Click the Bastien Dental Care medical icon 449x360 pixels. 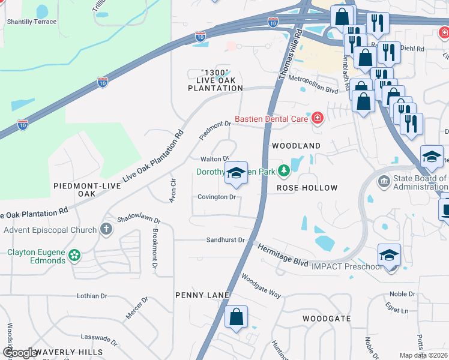(316, 119)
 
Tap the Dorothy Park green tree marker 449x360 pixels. (283, 172)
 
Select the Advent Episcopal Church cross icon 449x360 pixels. (106, 229)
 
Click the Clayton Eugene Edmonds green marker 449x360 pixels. (74, 256)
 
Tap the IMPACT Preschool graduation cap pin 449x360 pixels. (389, 256)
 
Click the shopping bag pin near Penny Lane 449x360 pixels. (237, 317)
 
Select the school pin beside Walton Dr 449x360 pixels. (236, 173)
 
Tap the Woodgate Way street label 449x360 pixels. (261, 286)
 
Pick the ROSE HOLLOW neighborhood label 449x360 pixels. (307, 188)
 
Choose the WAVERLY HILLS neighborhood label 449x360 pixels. (68, 352)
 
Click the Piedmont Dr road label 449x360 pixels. (215, 128)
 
